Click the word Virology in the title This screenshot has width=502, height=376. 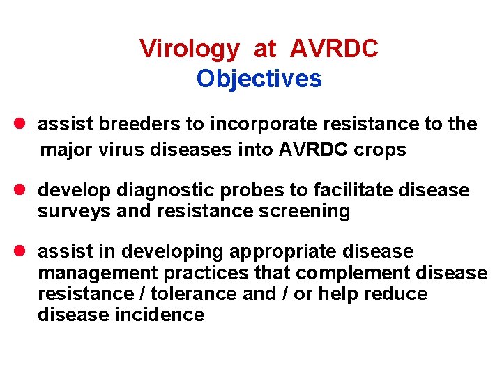189,49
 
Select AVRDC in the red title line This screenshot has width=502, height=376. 334,49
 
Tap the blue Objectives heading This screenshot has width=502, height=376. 259,79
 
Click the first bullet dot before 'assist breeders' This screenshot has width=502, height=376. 20,125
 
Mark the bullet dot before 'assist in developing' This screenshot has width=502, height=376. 20,251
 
